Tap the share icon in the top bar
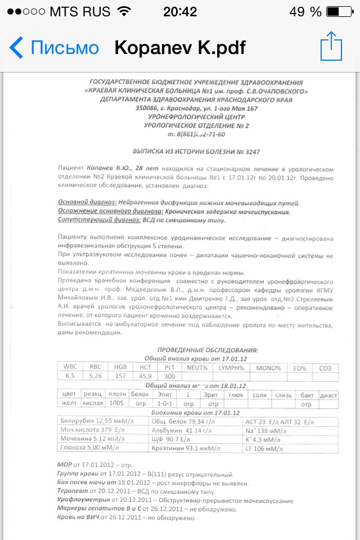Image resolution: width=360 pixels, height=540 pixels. click(331, 47)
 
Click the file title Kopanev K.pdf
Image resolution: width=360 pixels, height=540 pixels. click(180, 48)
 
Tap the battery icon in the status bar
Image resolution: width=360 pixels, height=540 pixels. click(340, 12)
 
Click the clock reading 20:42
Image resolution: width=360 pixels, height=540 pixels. click(180, 12)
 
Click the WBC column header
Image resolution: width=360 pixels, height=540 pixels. click(70, 367)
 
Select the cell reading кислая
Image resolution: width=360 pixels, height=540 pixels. click(92, 404)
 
